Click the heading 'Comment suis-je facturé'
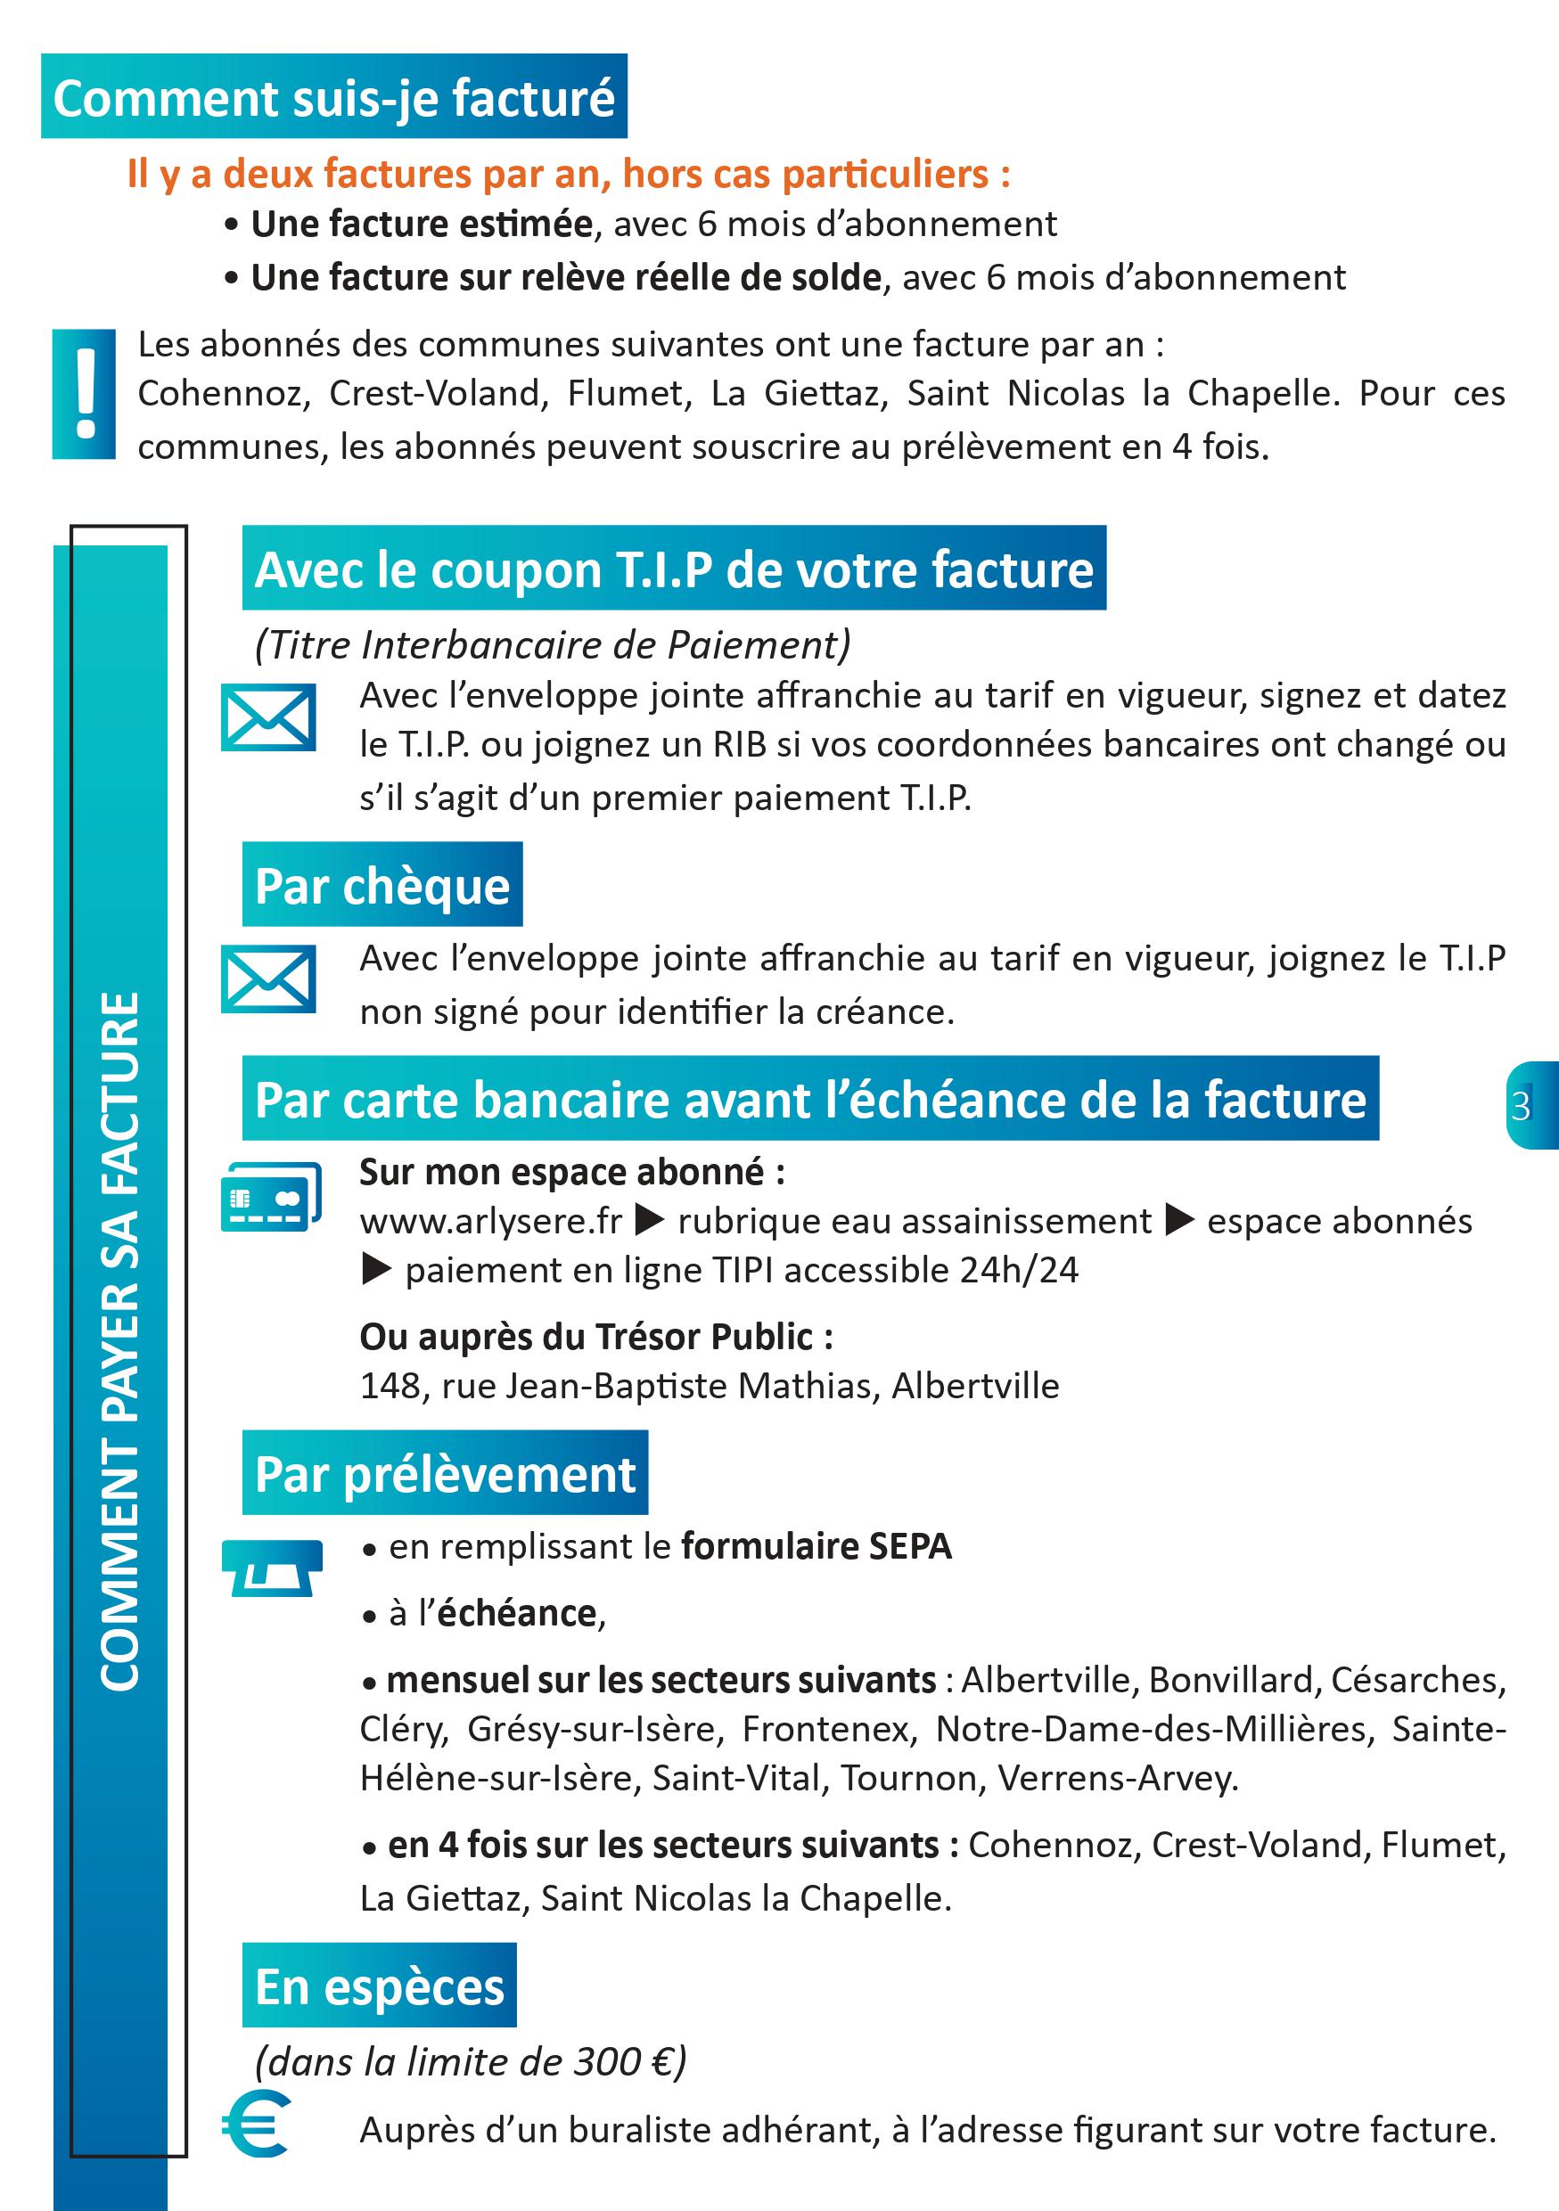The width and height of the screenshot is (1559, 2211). coord(333,97)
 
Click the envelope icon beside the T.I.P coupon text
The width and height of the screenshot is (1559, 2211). coord(267,717)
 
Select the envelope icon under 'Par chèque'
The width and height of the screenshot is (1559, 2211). coord(267,979)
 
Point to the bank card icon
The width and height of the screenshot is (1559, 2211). coord(271,1197)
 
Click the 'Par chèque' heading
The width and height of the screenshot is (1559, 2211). coord(382,885)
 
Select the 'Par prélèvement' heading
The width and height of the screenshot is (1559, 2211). coord(445,1473)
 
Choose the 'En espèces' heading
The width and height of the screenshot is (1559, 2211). coord(380,1986)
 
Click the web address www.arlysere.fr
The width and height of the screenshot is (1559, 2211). coord(491,1222)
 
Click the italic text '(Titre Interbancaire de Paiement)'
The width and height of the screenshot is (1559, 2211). coord(553,645)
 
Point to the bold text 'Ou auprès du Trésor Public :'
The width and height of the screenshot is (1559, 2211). coord(596,1337)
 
